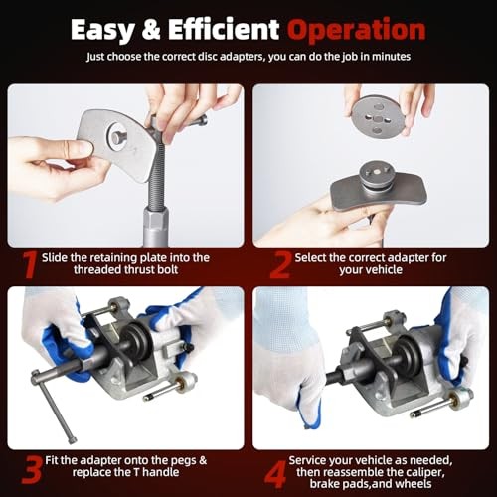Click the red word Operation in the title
[x=344, y=29]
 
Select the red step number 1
[x=29, y=263]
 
